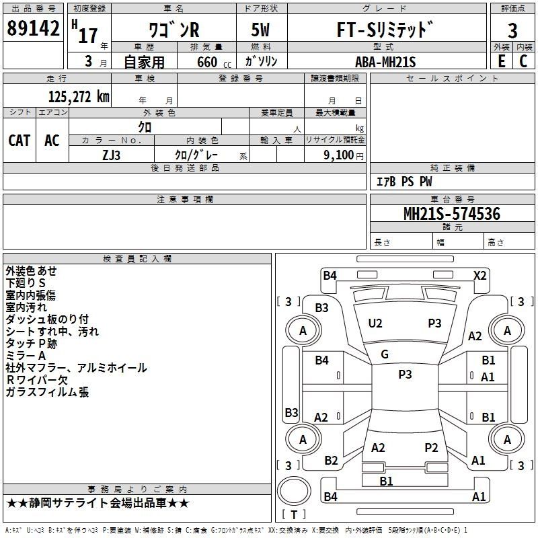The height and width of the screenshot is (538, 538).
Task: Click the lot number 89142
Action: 33,28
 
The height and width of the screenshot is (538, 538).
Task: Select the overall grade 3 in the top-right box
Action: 512,31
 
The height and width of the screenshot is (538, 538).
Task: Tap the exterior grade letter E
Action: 501,61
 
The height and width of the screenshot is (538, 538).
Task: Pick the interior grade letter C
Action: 523,61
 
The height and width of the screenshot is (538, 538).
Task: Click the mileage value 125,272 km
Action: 79,97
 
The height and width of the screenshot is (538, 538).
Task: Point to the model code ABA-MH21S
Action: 385,62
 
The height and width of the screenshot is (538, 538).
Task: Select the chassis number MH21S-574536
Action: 452,214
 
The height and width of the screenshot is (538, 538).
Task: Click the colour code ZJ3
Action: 111,155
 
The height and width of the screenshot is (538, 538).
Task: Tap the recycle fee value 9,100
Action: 339,155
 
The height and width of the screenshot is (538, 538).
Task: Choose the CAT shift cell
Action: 20,141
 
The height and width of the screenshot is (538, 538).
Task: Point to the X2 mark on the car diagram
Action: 479,276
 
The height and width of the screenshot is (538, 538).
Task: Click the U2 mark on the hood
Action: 375,323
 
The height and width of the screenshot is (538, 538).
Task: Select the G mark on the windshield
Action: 385,354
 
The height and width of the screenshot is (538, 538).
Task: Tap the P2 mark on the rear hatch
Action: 431,447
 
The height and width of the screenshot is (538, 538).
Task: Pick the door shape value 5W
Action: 260,30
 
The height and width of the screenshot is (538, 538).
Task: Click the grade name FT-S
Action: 357,30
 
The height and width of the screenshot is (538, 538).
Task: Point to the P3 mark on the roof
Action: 405,374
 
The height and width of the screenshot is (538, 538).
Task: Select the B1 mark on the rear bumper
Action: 386,481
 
